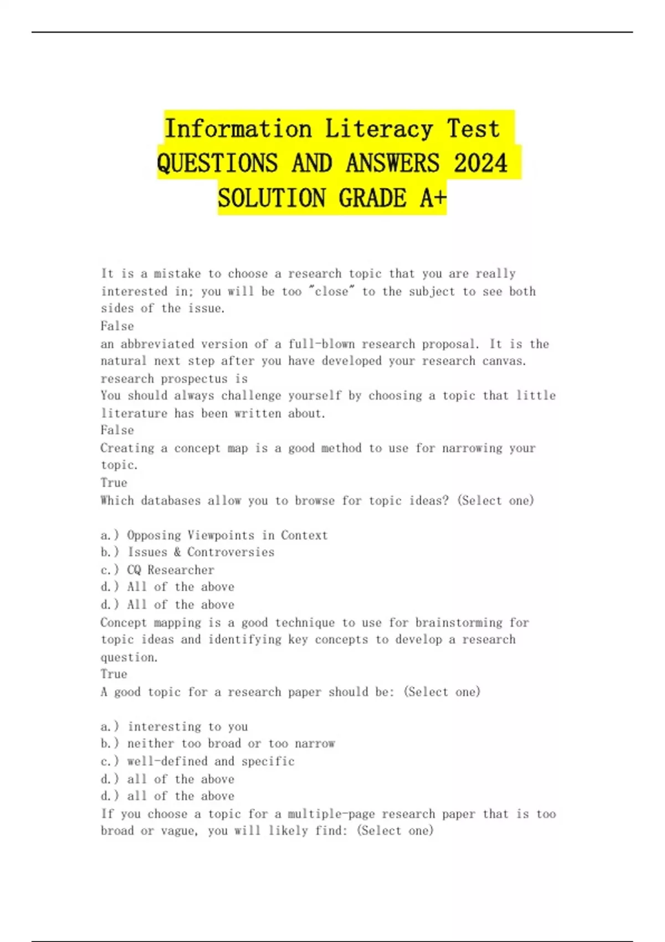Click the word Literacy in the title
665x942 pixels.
coord(378,129)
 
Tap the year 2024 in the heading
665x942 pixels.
coord(480,163)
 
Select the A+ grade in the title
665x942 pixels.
coord(433,198)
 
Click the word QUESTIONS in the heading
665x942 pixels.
coord(217,163)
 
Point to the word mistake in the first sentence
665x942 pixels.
coord(177,274)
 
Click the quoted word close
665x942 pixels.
coord(331,291)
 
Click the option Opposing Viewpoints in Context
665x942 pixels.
coord(227,535)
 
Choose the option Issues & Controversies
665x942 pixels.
coord(201,552)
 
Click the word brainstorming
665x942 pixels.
coord(459,623)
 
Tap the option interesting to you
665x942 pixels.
coord(188,726)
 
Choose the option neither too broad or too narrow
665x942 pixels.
coord(231,744)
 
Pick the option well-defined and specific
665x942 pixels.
coord(211,761)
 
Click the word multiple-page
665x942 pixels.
coord(331,814)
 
